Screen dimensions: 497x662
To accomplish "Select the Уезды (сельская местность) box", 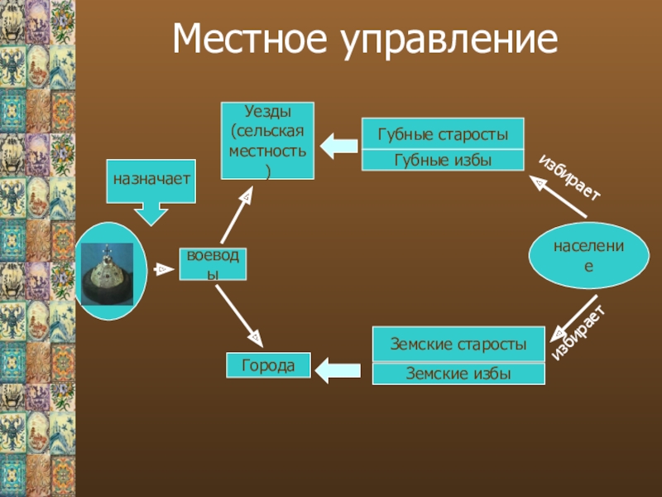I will [267, 140].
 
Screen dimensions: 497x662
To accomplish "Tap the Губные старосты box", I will [443, 133].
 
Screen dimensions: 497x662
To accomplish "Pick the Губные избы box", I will [443, 160].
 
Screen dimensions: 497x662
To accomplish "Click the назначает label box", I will [151, 180].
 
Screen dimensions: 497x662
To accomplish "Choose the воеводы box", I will [213, 263].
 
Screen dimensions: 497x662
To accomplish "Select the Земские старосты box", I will [458, 343].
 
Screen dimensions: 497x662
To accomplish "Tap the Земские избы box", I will [458, 374].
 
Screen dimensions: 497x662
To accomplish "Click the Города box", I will [269, 365].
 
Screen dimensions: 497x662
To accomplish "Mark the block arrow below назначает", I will [151, 215].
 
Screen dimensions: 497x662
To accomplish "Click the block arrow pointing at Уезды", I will [338, 146].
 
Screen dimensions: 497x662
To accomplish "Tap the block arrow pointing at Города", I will [339, 369].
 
